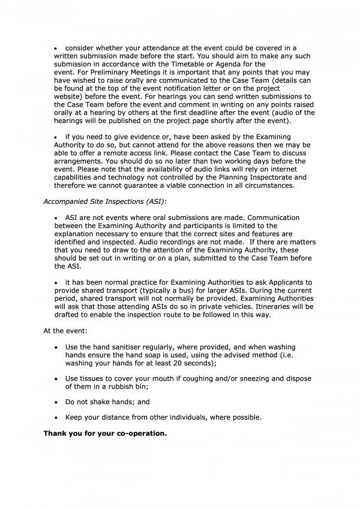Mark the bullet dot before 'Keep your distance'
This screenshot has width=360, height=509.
pos(56,417)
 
